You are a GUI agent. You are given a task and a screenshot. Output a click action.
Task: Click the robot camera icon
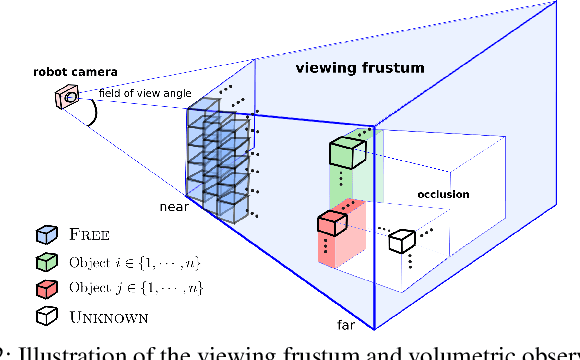(67, 95)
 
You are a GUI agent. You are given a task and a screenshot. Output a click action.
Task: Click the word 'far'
(342, 325)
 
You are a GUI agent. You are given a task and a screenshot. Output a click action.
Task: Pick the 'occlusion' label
(443, 195)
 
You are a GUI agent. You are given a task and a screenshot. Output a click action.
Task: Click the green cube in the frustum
(347, 154)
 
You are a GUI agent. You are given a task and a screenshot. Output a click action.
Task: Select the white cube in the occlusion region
(402, 240)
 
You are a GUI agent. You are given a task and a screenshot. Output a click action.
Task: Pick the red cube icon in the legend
(44, 288)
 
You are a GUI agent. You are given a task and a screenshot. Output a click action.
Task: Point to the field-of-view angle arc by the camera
(94, 113)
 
